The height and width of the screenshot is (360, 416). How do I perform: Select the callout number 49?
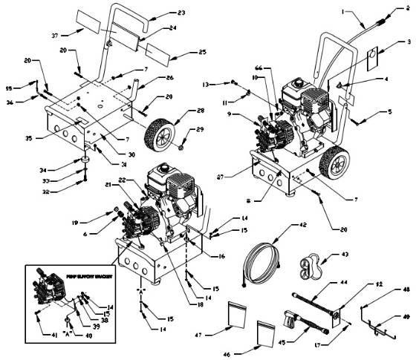coord(406,316)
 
